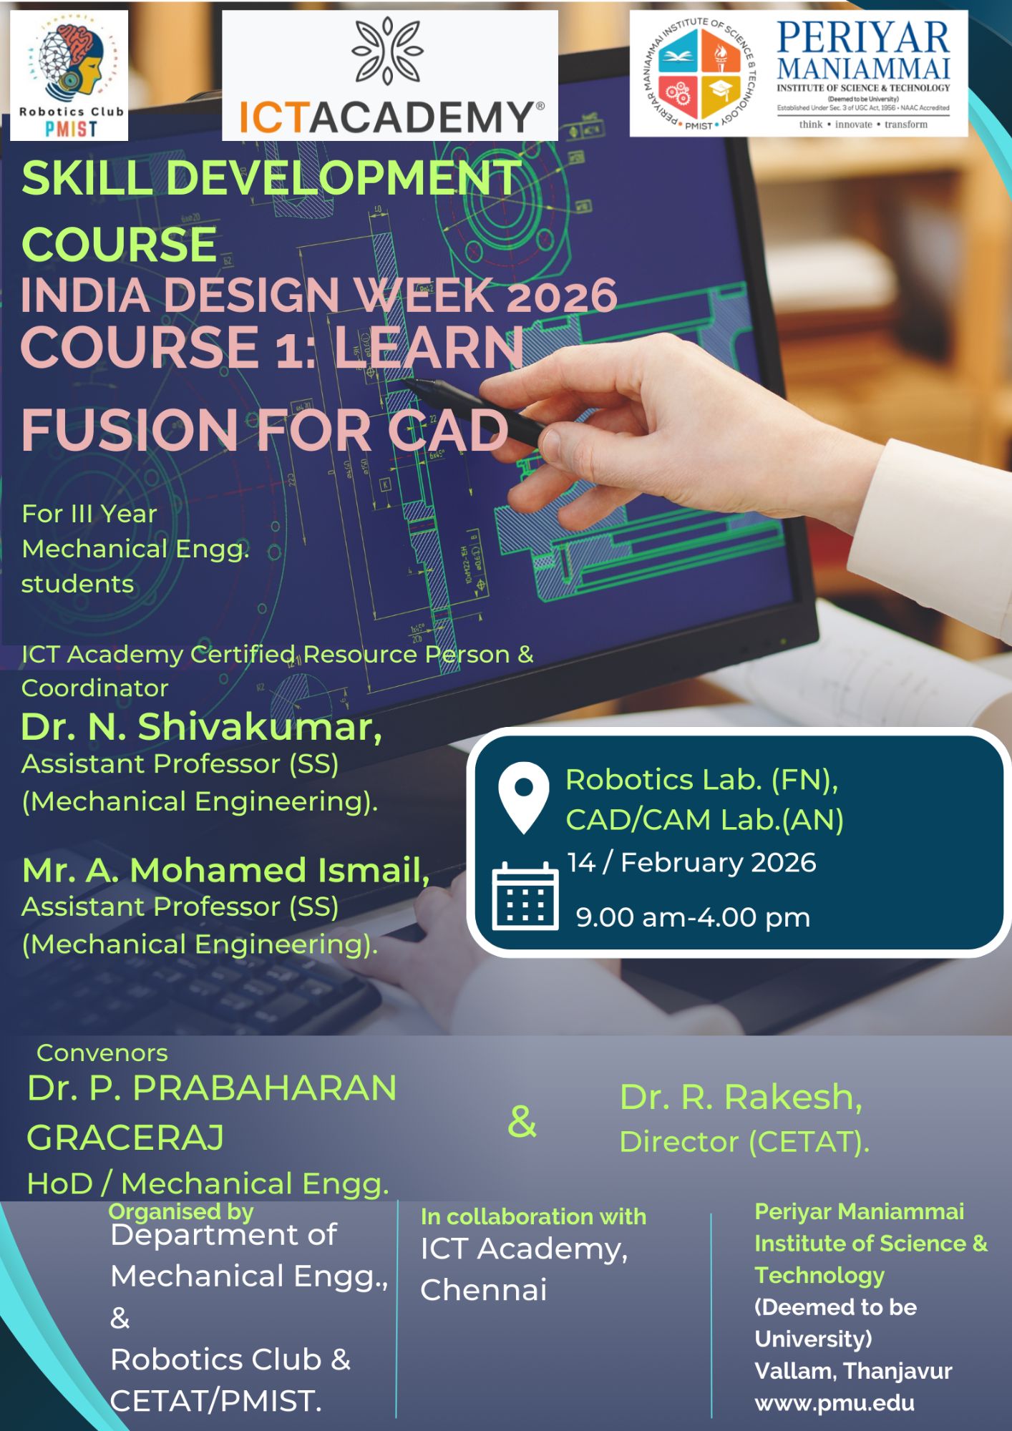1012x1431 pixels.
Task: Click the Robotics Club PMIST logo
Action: pos(69,75)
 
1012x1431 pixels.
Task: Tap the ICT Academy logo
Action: pos(390,75)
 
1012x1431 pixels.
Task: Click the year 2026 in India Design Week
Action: pos(561,296)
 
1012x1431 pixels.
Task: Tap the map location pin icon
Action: pos(524,797)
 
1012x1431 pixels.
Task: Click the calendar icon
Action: pos(525,896)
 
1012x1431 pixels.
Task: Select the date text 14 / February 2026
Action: pos(691,863)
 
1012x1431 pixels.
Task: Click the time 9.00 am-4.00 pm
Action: pos(693,917)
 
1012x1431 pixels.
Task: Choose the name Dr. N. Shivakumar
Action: pos(201,727)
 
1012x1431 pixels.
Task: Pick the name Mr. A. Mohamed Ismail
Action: pos(226,870)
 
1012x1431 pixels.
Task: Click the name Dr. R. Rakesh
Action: pos(741,1097)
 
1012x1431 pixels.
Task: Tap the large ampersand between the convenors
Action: pos(522,1121)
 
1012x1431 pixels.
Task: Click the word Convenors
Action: pos(102,1053)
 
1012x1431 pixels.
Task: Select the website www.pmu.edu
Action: pos(835,1403)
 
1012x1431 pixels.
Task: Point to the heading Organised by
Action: pos(181,1211)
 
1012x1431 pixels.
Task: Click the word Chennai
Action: pos(484,1290)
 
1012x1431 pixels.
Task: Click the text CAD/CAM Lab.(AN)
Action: pos(705,820)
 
